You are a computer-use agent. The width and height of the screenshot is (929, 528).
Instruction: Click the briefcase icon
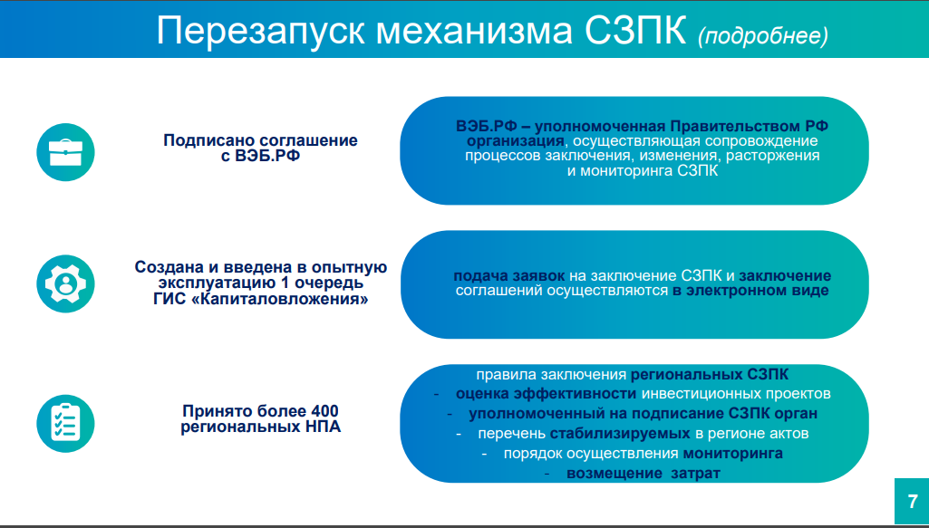[x=65, y=152]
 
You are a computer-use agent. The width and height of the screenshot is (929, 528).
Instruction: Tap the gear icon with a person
[x=65, y=283]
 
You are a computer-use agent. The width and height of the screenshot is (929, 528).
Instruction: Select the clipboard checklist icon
[x=65, y=424]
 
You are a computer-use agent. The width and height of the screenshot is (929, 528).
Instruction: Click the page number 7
[x=913, y=502]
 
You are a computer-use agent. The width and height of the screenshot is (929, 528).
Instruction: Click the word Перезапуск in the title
[x=260, y=32]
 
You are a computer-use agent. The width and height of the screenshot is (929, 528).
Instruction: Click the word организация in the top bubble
[x=515, y=141]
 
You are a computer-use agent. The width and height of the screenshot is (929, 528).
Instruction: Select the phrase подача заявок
[x=509, y=276]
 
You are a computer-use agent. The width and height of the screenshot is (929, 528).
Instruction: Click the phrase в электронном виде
[x=750, y=291]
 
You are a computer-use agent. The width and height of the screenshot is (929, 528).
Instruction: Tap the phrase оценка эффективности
[x=546, y=394]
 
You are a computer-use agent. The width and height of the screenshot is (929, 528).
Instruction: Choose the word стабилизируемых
[x=620, y=433]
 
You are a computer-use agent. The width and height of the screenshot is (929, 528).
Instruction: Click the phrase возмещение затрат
[x=644, y=474]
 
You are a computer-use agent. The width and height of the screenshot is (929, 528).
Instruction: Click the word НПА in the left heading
[x=324, y=427]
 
